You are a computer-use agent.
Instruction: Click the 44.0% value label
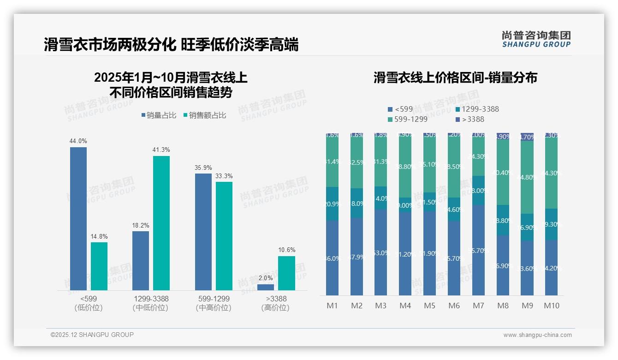point(78,141)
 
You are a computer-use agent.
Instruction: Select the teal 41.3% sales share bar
point(161,223)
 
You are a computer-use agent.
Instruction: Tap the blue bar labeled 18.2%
point(141,260)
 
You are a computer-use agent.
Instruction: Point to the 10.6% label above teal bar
point(286,250)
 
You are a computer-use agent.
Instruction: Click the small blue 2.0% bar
point(266,287)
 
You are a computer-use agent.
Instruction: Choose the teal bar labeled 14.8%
point(99,266)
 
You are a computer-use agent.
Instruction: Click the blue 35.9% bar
point(203,232)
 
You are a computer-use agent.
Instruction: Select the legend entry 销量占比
point(159,115)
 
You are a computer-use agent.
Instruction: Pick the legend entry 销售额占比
point(205,115)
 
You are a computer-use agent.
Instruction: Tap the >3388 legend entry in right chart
point(470,119)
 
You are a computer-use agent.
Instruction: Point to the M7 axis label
point(479,306)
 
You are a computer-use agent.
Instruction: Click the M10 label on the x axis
point(552,306)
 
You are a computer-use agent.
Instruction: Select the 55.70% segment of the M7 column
point(479,251)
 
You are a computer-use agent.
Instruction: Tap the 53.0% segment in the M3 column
point(380,253)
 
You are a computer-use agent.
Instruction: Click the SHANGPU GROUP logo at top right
point(536,39)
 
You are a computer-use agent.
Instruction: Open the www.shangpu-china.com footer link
point(537,335)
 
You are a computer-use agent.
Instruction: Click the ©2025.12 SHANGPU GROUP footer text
point(92,335)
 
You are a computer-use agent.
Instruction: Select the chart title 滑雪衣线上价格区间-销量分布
point(455,78)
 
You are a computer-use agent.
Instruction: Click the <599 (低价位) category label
point(89,303)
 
